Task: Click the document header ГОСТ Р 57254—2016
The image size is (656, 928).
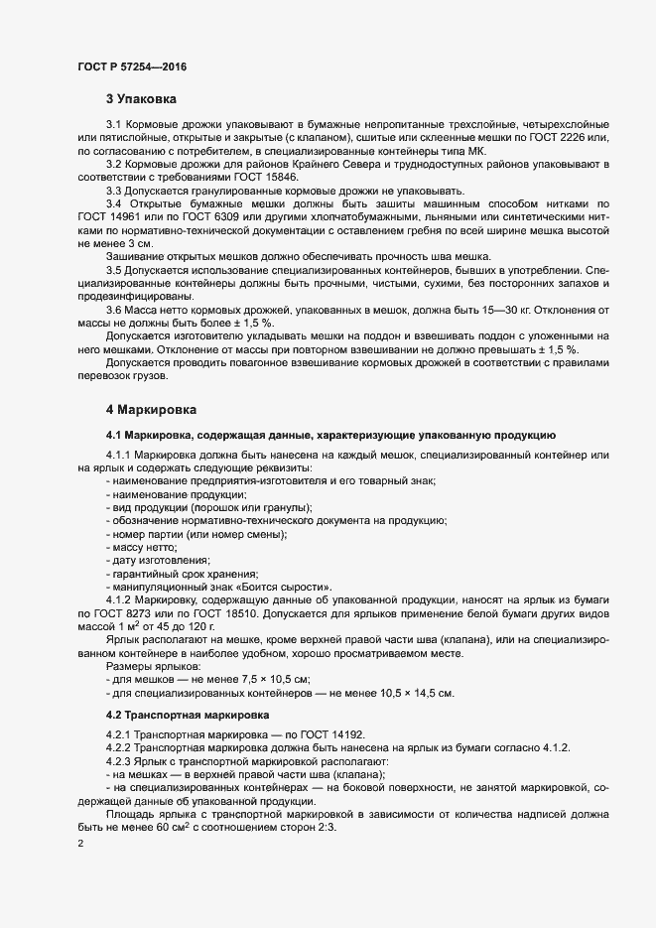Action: pyautogui.click(x=131, y=66)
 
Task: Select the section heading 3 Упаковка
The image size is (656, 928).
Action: pyautogui.click(x=141, y=99)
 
